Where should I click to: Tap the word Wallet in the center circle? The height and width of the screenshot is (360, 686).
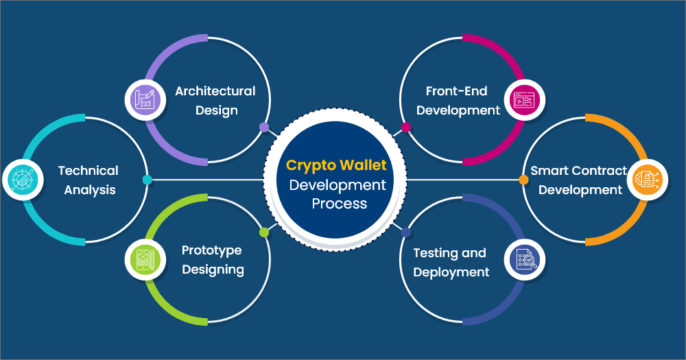coord(364,165)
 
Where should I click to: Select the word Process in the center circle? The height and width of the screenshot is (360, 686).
coord(339,204)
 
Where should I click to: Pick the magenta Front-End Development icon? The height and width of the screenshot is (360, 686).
coord(521,100)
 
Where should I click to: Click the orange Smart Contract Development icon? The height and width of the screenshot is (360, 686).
coord(646,180)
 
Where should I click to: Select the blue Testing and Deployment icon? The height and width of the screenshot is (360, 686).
coord(521,259)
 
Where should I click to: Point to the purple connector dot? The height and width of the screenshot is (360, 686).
coord(264,127)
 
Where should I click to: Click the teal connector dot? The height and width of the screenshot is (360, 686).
coord(147,180)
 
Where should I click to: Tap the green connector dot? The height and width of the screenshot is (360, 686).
coord(264,232)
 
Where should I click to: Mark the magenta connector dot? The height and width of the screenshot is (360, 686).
coord(406,127)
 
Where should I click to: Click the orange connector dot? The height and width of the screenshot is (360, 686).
coord(523,180)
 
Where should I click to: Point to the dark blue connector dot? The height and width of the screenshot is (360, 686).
coord(406,232)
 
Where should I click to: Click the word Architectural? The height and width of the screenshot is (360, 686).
coord(215,91)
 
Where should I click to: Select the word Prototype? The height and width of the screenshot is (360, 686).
coord(212,250)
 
